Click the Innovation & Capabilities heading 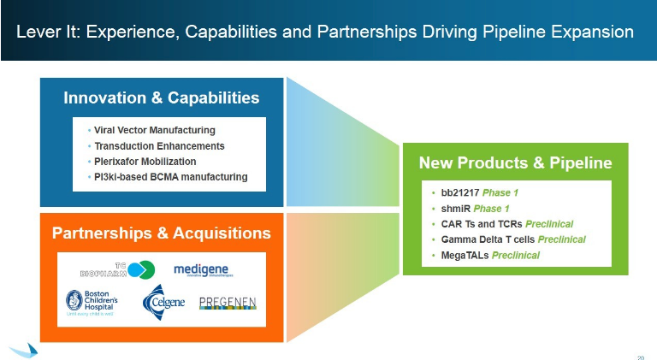[x=162, y=97]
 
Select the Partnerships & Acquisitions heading [x=162, y=233]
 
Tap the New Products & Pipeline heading [x=515, y=162]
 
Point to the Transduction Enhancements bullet [x=159, y=145]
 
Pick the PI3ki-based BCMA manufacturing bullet [x=170, y=176]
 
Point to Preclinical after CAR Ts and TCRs [x=556, y=224]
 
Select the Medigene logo [x=201, y=270]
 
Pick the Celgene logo [x=163, y=303]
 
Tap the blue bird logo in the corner [x=24, y=350]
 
